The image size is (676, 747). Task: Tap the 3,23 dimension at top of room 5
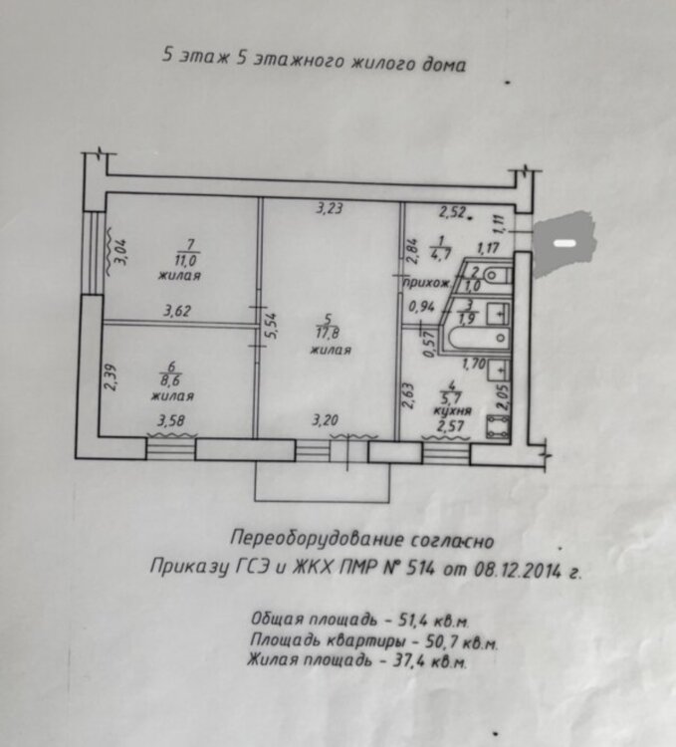point(329,208)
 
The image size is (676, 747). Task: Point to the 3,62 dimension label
point(177,311)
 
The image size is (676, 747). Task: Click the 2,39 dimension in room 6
point(112,378)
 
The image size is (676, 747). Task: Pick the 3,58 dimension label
point(171,421)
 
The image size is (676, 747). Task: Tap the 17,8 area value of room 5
point(328,333)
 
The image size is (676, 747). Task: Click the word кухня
point(452,410)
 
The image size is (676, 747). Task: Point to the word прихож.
point(426,283)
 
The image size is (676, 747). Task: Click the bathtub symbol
point(477,338)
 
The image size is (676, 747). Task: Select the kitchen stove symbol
point(498,427)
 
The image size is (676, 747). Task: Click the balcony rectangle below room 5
point(323,481)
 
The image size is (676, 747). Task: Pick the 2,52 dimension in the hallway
point(452,212)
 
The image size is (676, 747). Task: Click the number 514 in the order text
point(421,569)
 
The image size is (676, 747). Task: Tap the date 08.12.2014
point(518,571)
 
